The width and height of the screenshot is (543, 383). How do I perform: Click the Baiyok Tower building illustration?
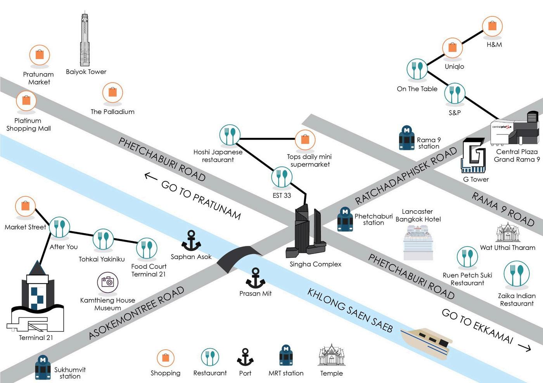click(x=85, y=38)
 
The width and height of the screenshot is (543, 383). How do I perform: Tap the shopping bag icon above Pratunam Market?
click(x=40, y=55)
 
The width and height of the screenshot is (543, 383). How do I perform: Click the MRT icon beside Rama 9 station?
click(x=406, y=138)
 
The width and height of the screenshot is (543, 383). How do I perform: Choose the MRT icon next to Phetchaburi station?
click(x=345, y=219)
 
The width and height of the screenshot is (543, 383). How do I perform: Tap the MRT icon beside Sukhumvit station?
click(x=43, y=367)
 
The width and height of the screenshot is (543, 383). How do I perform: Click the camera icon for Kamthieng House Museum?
click(x=108, y=282)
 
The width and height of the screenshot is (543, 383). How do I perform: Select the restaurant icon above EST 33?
click(x=282, y=177)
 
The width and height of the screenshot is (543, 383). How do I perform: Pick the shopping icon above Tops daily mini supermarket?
click(x=305, y=140)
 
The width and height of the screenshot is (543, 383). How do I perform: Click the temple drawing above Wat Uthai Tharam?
click(x=508, y=232)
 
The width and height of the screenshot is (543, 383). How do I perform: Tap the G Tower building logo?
click(x=473, y=155)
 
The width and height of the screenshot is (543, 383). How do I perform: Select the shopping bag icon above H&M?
click(x=492, y=26)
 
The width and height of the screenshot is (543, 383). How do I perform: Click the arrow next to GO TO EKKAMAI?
click(x=524, y=348)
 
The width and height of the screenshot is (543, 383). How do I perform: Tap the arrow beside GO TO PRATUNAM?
click(x=151, y=176)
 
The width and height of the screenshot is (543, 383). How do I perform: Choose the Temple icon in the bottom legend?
click(x=331, y=355)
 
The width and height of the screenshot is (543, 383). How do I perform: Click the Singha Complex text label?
click(x=315, y=264)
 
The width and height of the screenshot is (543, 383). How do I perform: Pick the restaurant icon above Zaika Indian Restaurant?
click(x=517, y=273)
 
